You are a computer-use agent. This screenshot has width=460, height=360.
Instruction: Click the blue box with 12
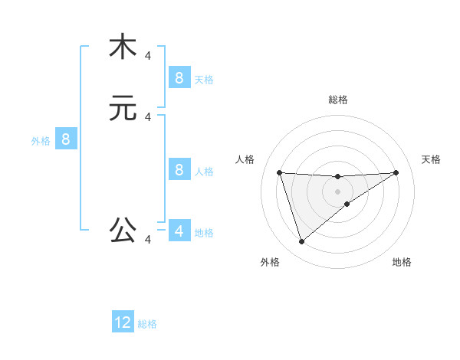click(x=123, y=322)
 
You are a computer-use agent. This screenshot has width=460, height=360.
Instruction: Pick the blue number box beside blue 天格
click(x=179, y=77)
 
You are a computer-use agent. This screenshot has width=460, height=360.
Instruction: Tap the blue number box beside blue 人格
click(x=179, y=169)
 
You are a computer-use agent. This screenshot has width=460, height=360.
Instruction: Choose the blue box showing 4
click(x=179, y=231)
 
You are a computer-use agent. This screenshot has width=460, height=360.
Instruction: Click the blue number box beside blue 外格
click(x=66, y=139)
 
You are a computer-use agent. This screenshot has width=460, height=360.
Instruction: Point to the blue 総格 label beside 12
click(x=147, y=324)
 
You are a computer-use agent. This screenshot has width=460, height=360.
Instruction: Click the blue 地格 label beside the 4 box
click(x=204, y=233)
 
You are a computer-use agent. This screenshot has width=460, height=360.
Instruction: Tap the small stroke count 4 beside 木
click(x=148, y=55)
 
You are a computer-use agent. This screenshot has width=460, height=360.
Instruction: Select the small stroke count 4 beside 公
click(x=148, y=240)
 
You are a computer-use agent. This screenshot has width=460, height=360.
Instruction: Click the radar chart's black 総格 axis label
click(x=337, y=100)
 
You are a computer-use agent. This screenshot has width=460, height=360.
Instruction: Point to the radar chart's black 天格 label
click(x=431, y=159)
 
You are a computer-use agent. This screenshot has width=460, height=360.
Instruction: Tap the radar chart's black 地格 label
click(x=402, y=262)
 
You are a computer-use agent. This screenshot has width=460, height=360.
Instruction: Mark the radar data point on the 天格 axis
click(x=396, y=172)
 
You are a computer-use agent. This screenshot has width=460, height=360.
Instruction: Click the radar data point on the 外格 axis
click(x=301, y=242)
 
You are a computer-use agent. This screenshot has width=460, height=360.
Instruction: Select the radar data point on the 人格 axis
click(x=279, y=172)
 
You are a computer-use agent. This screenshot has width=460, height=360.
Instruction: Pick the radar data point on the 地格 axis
click(x=347, y=204)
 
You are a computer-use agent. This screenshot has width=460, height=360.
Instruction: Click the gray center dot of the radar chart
click(x=337, y=191)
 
